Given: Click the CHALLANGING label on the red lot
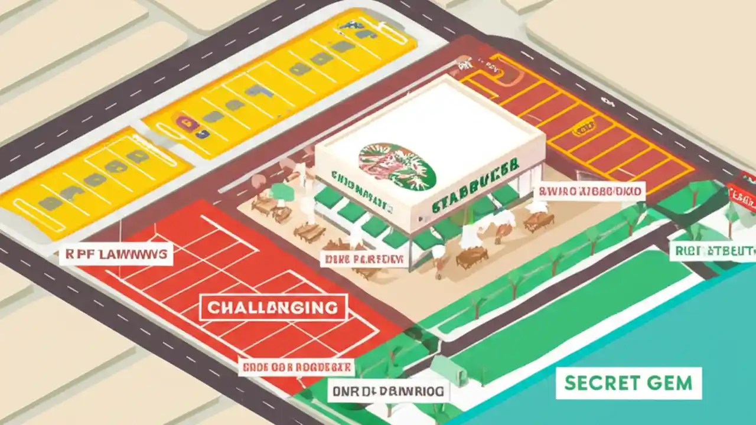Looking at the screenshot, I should coord(273,308).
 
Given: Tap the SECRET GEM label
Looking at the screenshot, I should coord(628,383).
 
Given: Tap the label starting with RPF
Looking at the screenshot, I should coord(116,255).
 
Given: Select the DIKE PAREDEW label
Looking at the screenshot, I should coord(363,259).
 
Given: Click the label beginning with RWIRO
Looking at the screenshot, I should coord(589,191).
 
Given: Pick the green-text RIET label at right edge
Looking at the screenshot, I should coord(713,251).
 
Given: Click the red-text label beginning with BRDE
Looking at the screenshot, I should coord(296,367).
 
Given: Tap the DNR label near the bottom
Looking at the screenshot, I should coord(389,391).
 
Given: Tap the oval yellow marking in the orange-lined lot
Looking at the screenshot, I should coord(586,127).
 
